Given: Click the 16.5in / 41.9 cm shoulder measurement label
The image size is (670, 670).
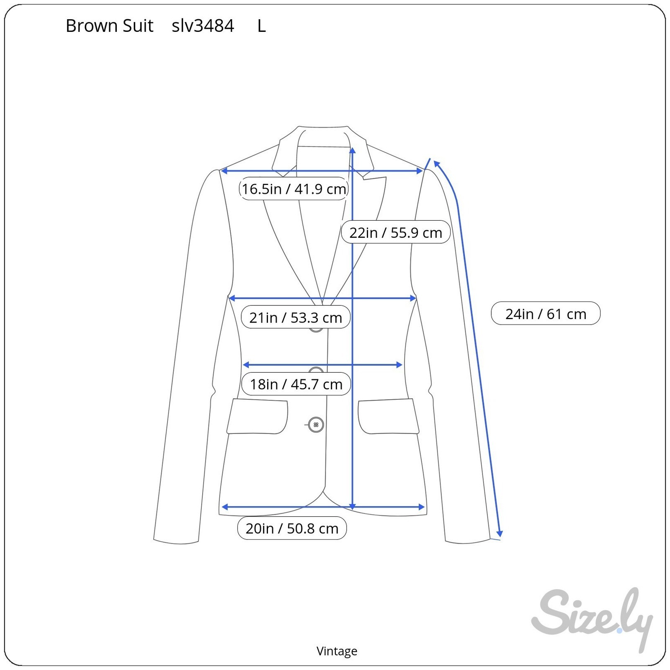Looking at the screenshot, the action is click(x=294, y=189).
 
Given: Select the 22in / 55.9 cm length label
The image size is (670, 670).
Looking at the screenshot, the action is click(x=396, y=232).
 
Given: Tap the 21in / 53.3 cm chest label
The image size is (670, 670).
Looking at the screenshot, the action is click(x=296, y=317).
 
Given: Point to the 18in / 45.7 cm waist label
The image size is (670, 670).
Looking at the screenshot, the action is click(x=296, y=384).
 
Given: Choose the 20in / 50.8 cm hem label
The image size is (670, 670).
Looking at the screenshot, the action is click(x=292, y=528).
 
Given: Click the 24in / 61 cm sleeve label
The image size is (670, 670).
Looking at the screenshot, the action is click(x=546, y=313).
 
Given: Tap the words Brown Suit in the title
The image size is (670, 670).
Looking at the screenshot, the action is click(x=110, y=26).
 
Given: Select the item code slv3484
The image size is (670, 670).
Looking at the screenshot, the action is click(x=203, y=26).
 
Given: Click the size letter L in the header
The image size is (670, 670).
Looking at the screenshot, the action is click(x=262, y=26).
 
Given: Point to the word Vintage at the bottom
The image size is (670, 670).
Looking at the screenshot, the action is click(x=337, y=651).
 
